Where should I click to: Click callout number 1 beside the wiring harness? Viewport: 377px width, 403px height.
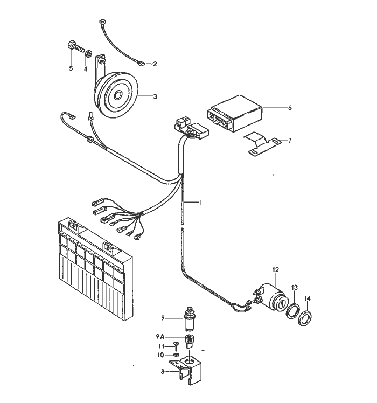201,203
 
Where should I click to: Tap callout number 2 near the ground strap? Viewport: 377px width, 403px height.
155,64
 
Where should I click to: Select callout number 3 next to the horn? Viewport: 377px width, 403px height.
155,96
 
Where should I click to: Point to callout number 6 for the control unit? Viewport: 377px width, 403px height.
290,108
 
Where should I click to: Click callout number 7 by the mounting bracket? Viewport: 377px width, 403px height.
290,140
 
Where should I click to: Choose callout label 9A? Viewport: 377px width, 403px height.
160,336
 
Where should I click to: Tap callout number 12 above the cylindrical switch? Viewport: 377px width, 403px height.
276,269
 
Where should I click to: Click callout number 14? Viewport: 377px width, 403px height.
308,298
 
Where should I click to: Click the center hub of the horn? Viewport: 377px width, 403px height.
118,95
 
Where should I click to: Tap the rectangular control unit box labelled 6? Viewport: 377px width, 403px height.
234,114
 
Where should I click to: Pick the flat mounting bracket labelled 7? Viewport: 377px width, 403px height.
262,144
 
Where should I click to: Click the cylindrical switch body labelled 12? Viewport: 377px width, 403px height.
273,298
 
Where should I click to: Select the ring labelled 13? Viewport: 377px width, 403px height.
293,311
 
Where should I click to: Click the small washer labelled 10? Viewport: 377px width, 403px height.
176,355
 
